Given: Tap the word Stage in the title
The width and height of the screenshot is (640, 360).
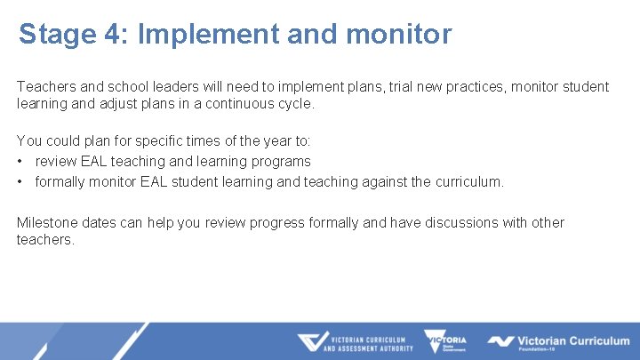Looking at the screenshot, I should (x=58, y=35).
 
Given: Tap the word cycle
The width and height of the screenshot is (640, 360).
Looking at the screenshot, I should (x=296, y=104).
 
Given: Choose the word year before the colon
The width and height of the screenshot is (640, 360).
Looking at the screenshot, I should (x=268, y=141).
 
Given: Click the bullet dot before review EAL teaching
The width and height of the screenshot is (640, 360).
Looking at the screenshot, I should (x=20, y=162).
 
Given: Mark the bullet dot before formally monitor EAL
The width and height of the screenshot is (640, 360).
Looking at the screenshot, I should (x=20, y=182).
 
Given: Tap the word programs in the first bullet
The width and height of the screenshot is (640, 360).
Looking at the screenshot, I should (x=280, y=162).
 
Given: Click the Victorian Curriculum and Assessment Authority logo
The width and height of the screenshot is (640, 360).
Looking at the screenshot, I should (x=355, y=342).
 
